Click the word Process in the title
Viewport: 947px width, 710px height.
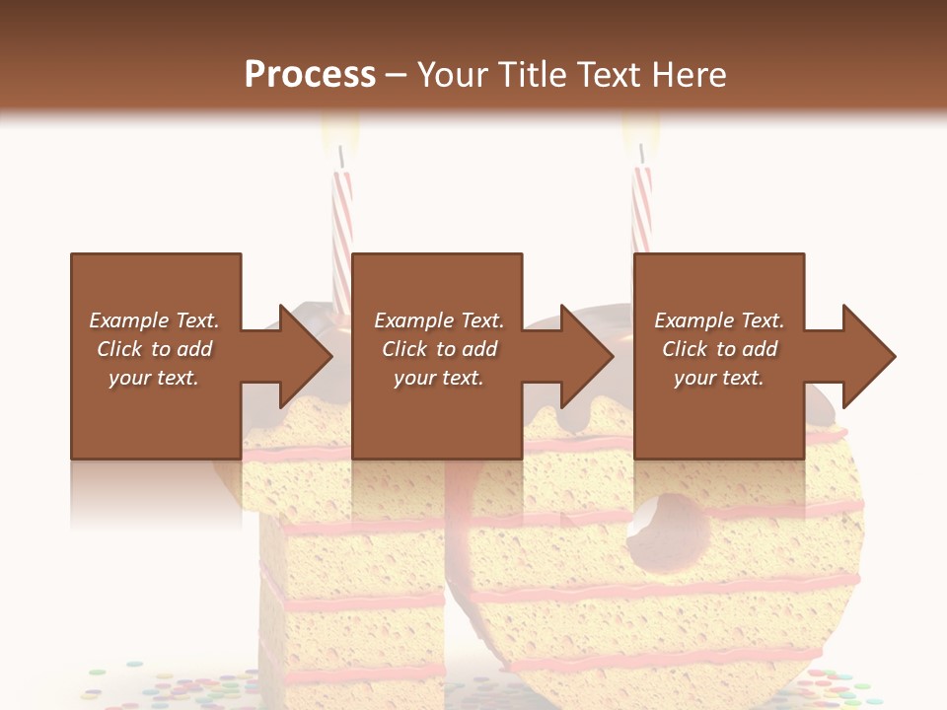[310, 75]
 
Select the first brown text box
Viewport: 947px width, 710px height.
[156, 356]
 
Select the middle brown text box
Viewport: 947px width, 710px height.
[437, 356]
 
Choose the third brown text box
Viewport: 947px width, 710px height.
[718, 356]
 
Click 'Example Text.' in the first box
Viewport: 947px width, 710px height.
[154, 320]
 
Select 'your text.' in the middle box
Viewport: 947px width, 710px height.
[438, 378]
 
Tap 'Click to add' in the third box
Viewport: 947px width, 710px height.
[719, 349]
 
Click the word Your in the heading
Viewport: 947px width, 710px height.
[453, 75]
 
